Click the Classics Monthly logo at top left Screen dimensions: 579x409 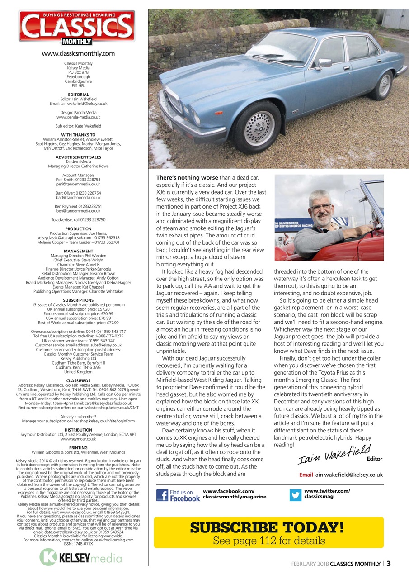pos(77,27)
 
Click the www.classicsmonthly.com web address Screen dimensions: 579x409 pos(78,53)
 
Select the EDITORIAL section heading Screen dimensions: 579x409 pos(78,95)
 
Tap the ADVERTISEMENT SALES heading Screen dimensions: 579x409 pos(78,157)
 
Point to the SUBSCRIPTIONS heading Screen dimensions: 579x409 pos(78,300)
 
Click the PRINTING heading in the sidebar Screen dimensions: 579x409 pos(78,448)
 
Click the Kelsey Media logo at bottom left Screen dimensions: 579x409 pos(80,557)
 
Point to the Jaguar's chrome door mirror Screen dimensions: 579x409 pos(324,63)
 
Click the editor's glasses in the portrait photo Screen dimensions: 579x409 pos(321,208)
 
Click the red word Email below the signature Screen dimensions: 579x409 pos(306,475)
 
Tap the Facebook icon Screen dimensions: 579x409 pos(162,495)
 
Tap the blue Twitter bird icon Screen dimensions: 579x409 pos(296,495)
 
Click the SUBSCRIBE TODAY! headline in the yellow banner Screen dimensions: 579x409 pos(268,527)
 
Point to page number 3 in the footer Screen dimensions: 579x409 pos(388,564)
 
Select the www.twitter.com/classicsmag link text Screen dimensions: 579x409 pos(327,494)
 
